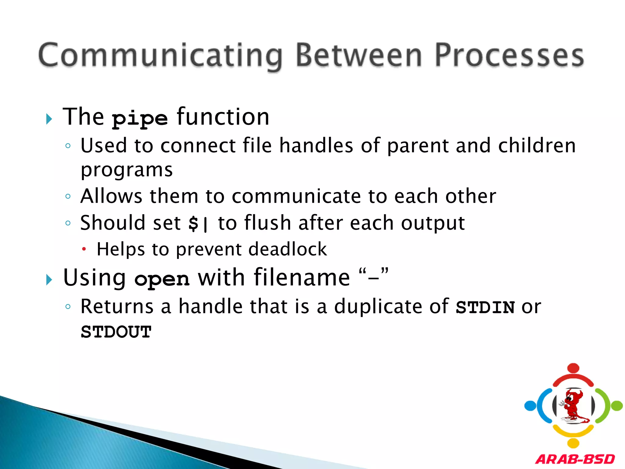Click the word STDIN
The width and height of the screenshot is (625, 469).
(x=485, y=307)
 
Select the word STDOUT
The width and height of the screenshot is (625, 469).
(x=116, y=332)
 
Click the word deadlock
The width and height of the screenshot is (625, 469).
(x=287, y=249)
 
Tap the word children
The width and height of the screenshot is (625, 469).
(x=537, y=145)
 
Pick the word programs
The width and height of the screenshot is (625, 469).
(x=127, y=170)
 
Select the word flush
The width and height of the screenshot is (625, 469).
(x=268, y=223)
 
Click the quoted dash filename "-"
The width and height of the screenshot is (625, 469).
(x=374, y=277)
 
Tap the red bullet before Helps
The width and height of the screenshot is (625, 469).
(x=84, y=249)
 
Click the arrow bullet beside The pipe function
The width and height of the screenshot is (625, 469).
(x=49, y=119)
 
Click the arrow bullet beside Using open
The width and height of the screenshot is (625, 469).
(x=49, y=279)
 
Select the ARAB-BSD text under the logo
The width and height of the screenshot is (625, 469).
(x=575, y=459)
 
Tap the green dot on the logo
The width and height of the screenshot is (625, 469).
(x=617, y=406)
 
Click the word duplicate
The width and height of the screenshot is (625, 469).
(x=378, y=307)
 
